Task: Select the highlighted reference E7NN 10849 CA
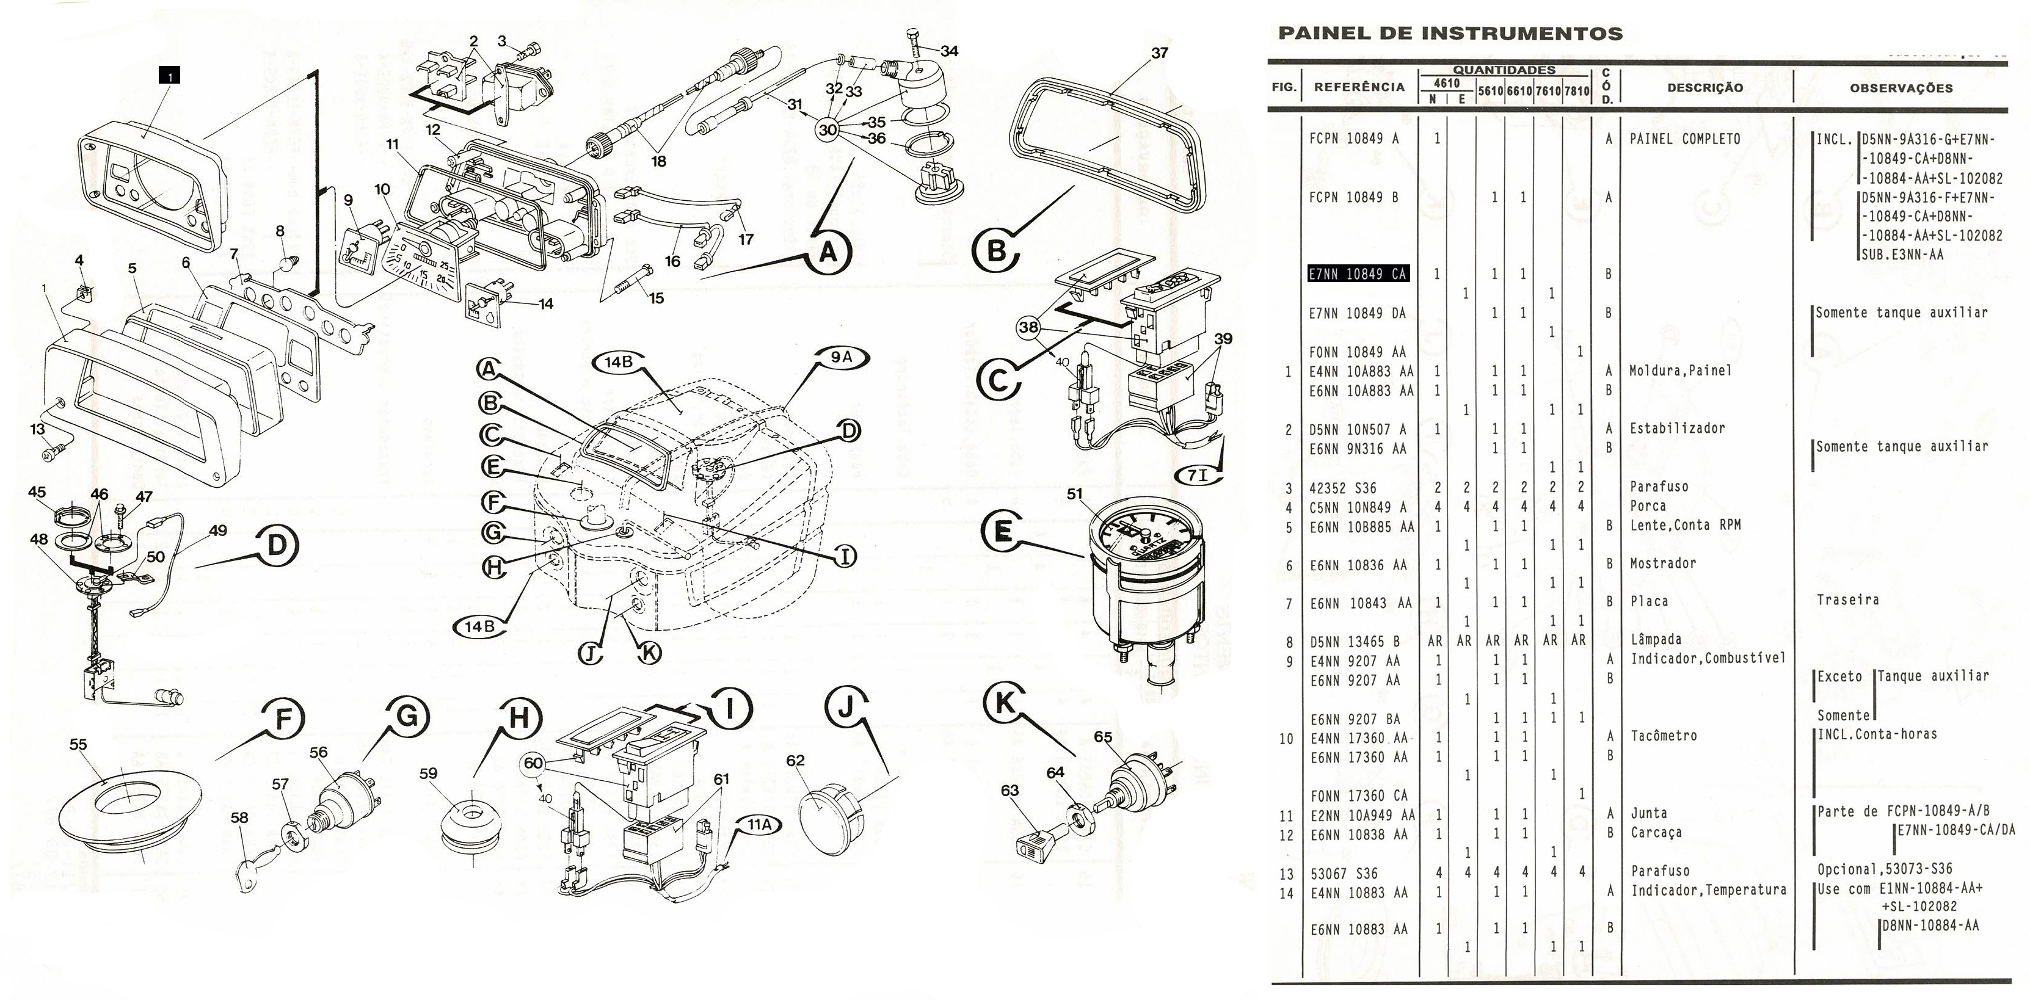coord(1358,274)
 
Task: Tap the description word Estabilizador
coord(1677,429)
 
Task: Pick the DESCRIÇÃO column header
coord(1704,87)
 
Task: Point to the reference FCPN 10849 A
coord(1354,139)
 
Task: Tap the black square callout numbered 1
coord(169,76)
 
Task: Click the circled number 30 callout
coord(828,129)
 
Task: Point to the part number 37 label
coord(1159,53)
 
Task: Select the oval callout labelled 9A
coord(842,357)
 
